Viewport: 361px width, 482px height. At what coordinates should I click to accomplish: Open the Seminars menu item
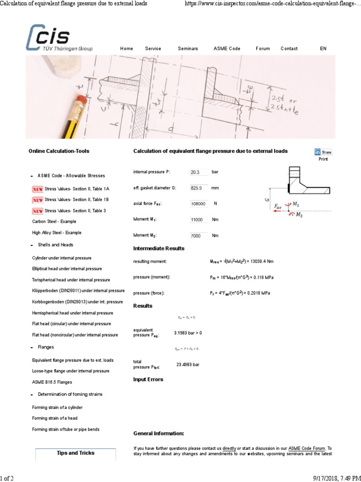[188, 48]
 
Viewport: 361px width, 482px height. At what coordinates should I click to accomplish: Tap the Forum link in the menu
[263, 48]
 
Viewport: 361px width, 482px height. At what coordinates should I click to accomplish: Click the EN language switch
[323, 48]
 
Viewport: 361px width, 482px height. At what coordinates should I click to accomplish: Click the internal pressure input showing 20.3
[198, 172]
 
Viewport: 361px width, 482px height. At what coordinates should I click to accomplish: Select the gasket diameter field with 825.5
[198, 188]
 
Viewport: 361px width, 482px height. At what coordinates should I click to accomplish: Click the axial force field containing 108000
[198, 204]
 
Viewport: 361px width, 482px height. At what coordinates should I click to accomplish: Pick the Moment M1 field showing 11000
[198, 220]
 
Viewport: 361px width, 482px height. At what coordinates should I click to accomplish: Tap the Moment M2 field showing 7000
[198, 235]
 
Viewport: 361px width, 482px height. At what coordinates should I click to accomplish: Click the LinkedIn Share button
[323, 152]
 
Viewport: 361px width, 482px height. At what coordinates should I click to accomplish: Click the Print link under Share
[323, 159]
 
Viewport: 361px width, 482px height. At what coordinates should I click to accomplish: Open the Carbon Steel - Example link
[54, 221]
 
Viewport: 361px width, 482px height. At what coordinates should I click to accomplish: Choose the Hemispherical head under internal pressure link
[72, 313]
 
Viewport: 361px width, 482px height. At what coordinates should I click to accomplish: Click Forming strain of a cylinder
[57, 407]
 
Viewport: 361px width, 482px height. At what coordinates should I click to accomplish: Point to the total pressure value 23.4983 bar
[188, 365]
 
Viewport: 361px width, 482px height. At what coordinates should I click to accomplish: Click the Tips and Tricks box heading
[76, 453]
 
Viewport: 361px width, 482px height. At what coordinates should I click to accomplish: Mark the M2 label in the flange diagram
[299, 215]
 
